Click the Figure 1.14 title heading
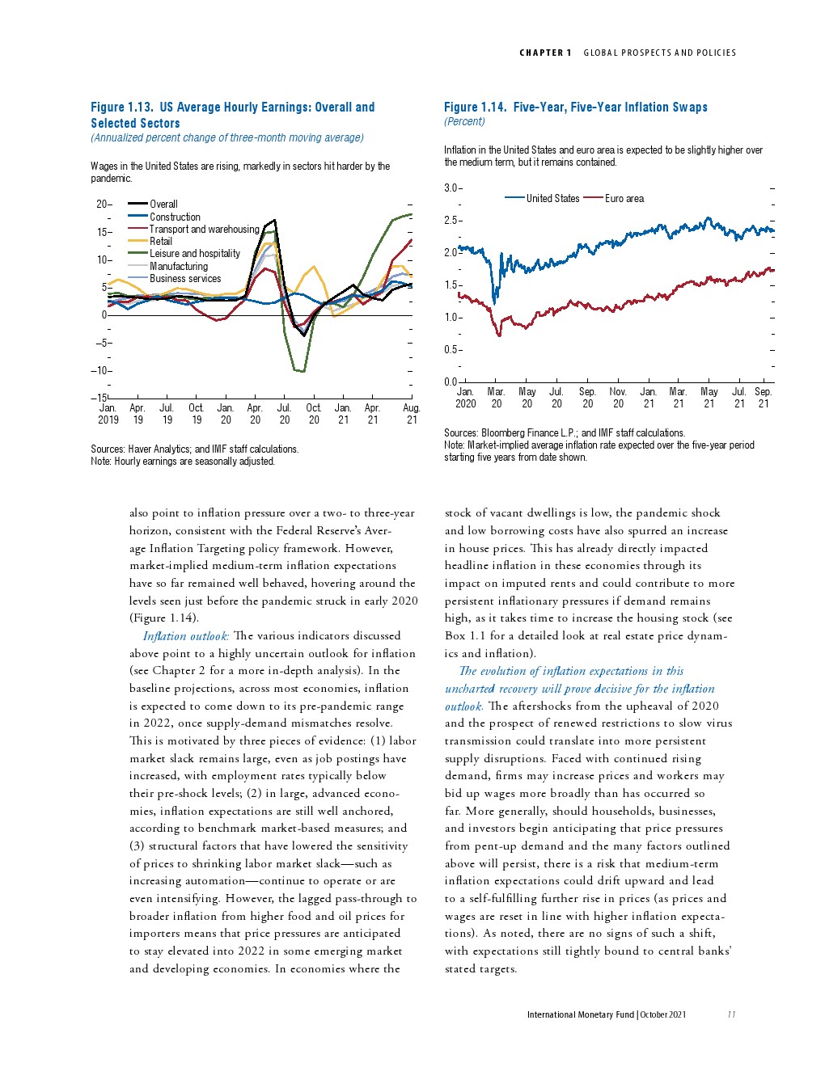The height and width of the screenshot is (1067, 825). (x=575, y=107)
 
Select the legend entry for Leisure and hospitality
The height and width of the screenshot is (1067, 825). (x=195, y=254)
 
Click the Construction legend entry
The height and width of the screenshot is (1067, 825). (x=175, y=217)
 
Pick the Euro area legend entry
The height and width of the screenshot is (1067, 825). (x=624, y=198)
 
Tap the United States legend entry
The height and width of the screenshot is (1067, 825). (x=552, y=198)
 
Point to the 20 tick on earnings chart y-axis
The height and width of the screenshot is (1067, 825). (x=102, y=205)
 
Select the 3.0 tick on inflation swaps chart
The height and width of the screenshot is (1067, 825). (x=451, y=188)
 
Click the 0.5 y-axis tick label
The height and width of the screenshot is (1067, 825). (x=451, y=350)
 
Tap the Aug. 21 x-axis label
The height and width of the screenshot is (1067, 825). (x=412, y=414)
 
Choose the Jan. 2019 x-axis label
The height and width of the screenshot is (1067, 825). (x=108, y=414)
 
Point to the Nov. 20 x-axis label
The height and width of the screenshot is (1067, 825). (x=618, y=398)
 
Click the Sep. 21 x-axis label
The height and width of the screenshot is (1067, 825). (x=764, y=398)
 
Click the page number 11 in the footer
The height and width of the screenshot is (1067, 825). (x=731, y=1014)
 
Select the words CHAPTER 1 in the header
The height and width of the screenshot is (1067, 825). (x=545, y=53)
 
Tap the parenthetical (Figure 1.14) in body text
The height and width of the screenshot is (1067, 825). (x=164, y=618)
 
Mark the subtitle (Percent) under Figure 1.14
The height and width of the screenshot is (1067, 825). (x=464, y=122)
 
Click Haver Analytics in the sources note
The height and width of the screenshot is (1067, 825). (x=159, y=449)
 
